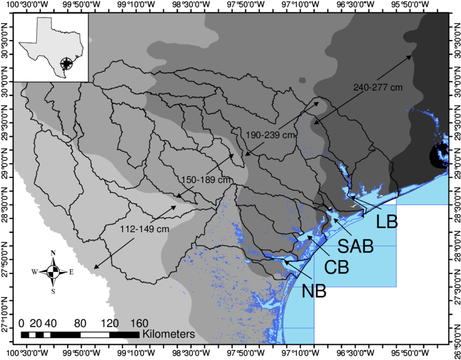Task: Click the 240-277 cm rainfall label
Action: pos(378,87)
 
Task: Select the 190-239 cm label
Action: pos(271,135)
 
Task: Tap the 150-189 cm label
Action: pos(207,179)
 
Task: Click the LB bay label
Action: pos(387,222)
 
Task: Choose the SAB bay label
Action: pos(356,246)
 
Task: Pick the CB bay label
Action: pos(336,268)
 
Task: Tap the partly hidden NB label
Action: pos(313,290)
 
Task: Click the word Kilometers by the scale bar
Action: pos(169,334)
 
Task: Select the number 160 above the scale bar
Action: pos(139,323)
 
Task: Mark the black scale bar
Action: pos(128,335)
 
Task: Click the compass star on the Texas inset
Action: pos(67,63)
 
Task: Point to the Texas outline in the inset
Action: pos(45,42)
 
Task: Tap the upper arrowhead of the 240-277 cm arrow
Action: pos(411,56)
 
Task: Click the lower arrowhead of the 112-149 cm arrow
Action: pos(95,268)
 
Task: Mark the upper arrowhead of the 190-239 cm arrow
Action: pos(320,103)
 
